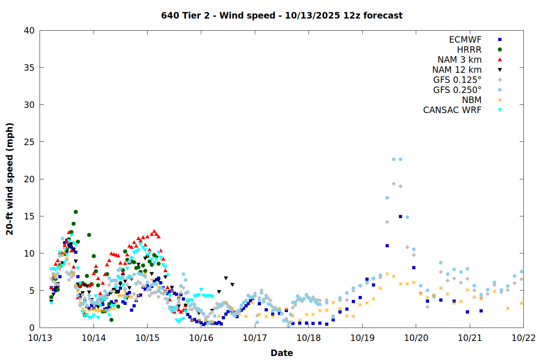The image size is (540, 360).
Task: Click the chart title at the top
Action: tap(282, 15)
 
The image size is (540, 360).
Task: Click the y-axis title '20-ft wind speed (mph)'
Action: tap(10, 179)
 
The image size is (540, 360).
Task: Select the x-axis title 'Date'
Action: tap(282, 353)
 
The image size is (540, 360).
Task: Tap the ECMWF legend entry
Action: tap(465, 40)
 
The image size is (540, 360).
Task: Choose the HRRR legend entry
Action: tap(469, 50)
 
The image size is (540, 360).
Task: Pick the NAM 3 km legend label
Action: tap(459, 60)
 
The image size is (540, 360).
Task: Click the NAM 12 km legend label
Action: tap(457, 70)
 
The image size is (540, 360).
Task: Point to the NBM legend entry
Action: tap(472, 100)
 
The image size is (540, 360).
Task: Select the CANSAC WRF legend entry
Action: tap(452, 110)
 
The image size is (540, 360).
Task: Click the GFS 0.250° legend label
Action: tap(457, 90)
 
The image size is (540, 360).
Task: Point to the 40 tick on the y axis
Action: tap(29, 31)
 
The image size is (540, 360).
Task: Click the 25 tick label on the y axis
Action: tap(29, 142)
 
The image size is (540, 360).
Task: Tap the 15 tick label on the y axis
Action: tap(29, 216)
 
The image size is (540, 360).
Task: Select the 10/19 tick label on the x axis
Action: tap(362, 338)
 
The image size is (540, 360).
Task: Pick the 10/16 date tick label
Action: tap(201, 338)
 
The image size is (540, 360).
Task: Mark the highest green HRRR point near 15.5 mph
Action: tap(76, 212)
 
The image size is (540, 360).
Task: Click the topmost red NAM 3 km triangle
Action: tap(154, 231)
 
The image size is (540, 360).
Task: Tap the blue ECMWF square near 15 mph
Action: tap(400, 216)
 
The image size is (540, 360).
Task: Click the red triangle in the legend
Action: tap(500, 60)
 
